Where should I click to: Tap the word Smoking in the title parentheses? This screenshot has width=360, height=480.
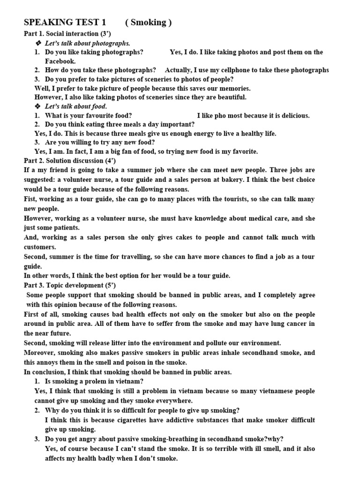click(x=149, y=22)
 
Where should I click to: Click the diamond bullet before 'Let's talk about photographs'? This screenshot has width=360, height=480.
click(x=38, y=43)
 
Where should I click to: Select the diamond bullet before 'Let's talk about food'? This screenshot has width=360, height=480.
click(x=38, y=106)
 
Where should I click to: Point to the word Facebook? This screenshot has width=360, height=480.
click(x=60, y=61)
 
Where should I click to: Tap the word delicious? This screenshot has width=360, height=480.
click(x=292, y=115)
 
